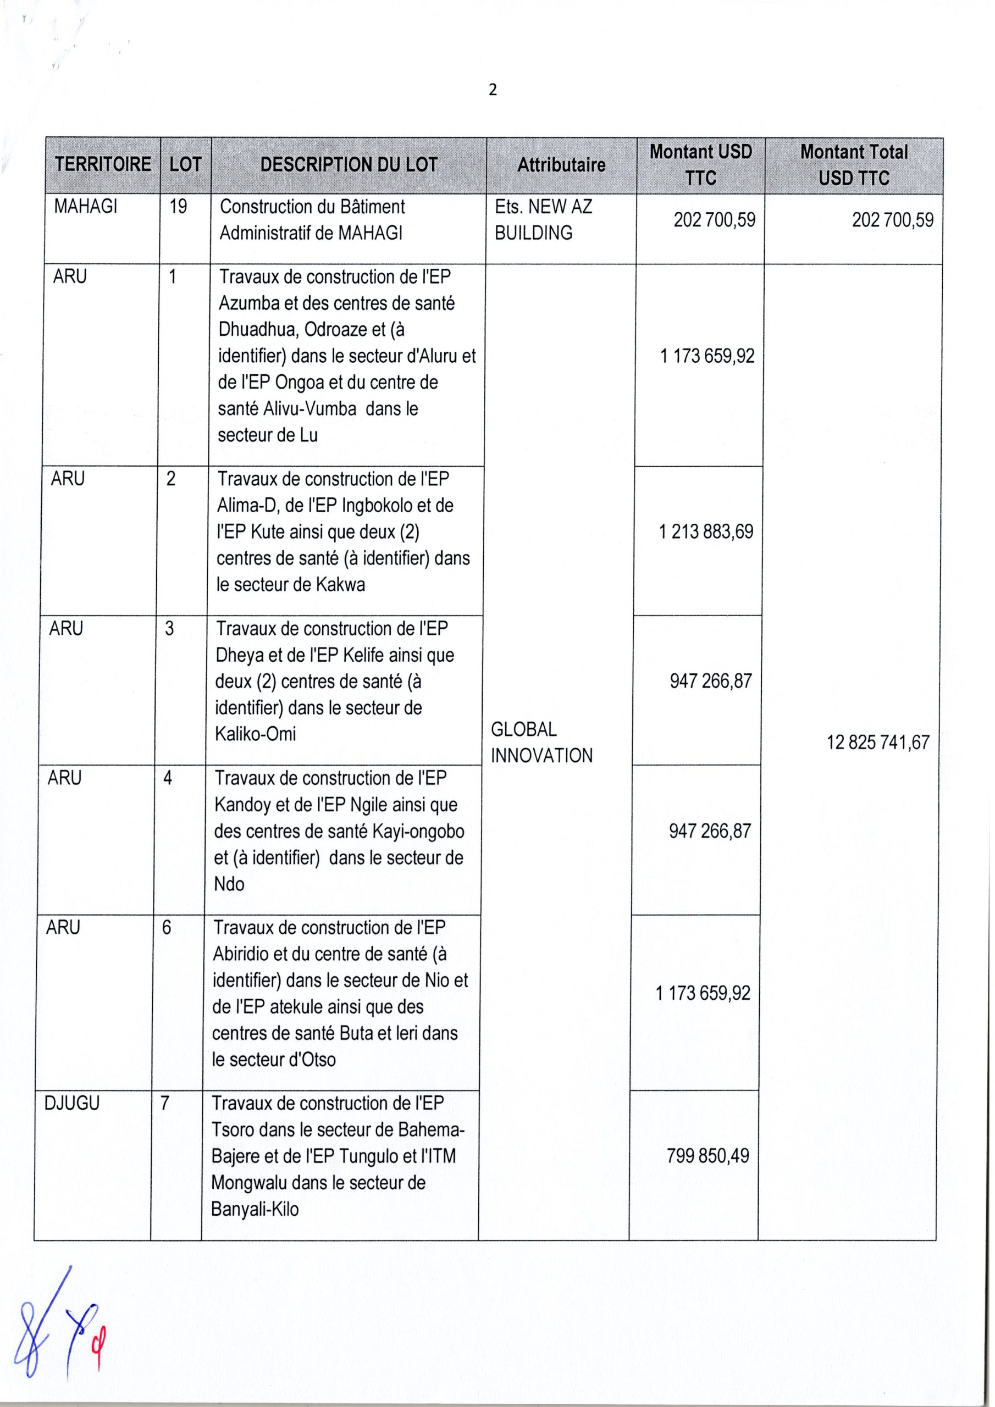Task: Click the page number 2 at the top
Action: (493, 91)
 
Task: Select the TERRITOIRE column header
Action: (102, 165)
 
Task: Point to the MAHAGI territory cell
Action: (85, 207)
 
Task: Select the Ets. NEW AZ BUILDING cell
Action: (543, 220)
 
